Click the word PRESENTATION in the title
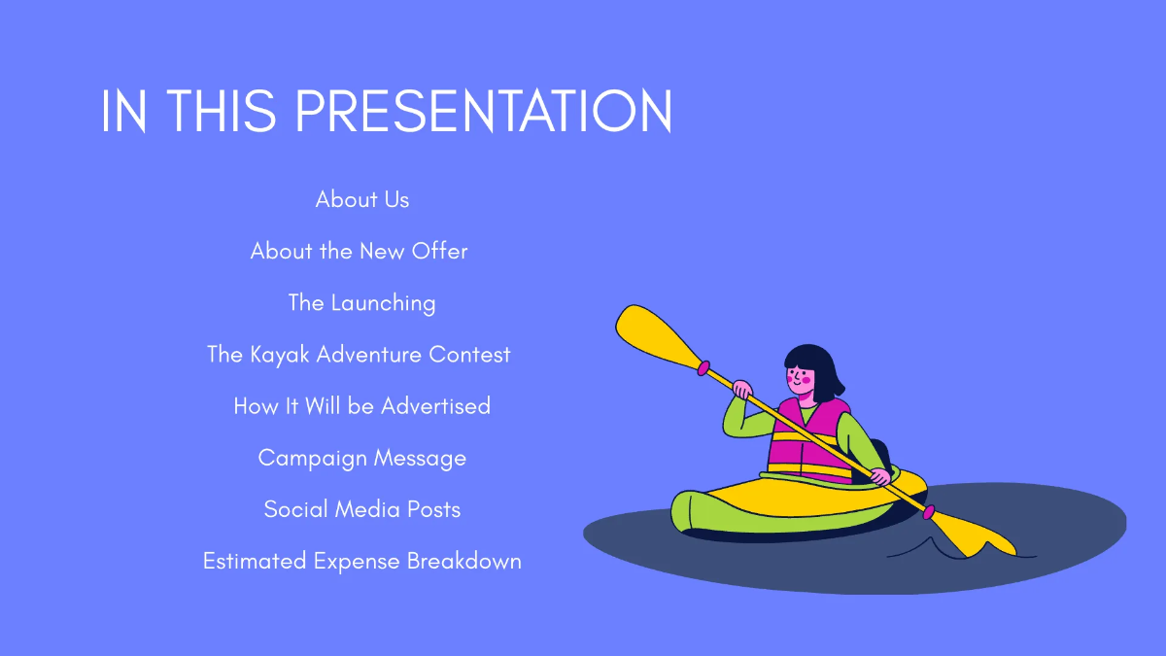coord(483,112)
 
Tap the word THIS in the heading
coord(220,112)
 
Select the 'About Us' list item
coord(362,199)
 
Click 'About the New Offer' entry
coord(360,251)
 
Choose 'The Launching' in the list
coord(361,302)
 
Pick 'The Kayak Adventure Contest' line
coord(359,355)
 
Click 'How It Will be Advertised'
coord(361,406)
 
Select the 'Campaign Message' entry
coord(361,458)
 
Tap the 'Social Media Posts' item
coord(361,509)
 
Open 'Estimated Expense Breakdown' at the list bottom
coord(361,561)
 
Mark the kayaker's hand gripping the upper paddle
coord(742,390)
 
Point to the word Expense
coord(357,561)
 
